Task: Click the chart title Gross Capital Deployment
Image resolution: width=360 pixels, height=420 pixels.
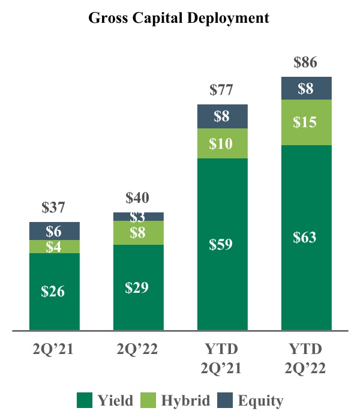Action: tap(179, 18)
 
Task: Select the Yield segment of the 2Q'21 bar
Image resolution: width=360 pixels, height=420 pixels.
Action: tap(55, 292)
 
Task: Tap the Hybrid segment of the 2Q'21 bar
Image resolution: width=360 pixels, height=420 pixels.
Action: tap(55, 246)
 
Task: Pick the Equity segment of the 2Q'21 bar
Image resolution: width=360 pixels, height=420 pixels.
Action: tap(55, 231)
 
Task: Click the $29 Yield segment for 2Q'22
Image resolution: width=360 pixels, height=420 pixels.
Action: tap(138, 287)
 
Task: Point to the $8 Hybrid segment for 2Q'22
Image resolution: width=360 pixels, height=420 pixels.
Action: tap(138, 232)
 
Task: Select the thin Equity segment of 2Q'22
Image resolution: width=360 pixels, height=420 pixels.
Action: tap(138, 217)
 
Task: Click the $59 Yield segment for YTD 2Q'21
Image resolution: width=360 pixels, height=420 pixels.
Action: tap(223, 244)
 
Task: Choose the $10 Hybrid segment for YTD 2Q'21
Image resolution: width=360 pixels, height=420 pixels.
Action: tap(223, 143)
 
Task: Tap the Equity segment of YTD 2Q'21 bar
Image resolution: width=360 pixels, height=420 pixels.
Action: tap(223, 116)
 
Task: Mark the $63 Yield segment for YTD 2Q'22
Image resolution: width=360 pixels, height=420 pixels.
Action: tap(307, 238)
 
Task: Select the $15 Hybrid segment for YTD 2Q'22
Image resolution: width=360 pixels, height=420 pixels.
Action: tap(307, 122)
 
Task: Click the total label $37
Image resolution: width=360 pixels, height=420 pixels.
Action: tap(55, 208)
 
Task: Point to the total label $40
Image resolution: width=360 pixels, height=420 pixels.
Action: tap(138, 198)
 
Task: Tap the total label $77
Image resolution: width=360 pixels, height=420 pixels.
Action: tap(222, 91)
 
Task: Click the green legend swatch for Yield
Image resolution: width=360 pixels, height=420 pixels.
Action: tap(84, 400)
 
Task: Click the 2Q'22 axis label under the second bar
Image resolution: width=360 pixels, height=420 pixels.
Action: tap(138, 350)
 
